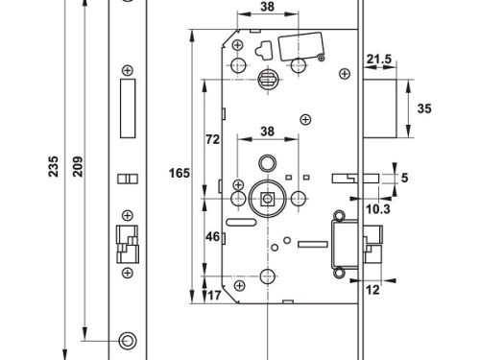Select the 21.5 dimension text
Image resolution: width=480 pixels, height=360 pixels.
coord(380,60)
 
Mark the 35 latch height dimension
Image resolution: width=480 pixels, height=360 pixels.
coord(423,108)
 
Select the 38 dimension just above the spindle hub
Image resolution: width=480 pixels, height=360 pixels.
coord(267,132)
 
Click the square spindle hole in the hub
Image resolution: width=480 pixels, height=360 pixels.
coord(267,200)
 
